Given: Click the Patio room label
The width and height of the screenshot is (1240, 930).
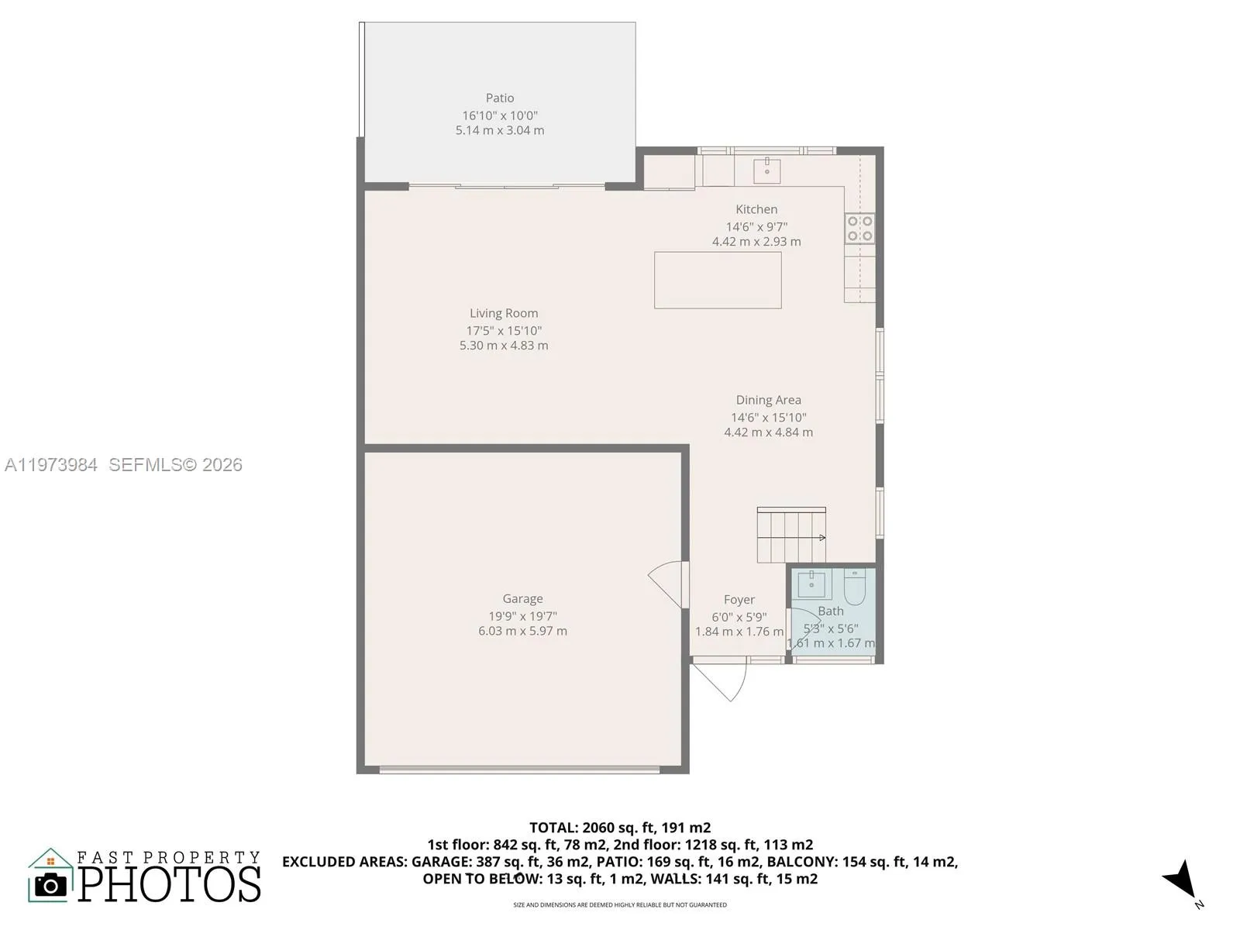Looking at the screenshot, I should [500, 98].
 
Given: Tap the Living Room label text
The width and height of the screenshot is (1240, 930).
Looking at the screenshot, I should [504, 313].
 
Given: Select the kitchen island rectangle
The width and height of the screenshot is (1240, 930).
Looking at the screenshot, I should [718, 280].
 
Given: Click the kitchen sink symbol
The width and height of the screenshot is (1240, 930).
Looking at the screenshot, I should [766, 170].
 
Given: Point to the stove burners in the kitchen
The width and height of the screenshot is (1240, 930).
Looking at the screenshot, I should [859, 229].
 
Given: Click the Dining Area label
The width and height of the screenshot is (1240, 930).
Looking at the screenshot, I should [768, 400].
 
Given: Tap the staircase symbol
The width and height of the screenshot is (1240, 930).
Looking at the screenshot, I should [791, 536].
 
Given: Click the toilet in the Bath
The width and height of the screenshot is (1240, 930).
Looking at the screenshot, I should [854, 588].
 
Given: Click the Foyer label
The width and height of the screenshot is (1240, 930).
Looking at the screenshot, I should [739, 600].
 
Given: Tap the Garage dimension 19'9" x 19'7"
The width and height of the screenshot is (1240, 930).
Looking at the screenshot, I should [522, 616].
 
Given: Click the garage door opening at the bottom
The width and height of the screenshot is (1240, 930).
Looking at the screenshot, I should [519, 770].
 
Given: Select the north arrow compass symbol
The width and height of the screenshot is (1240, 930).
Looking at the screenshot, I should [1181, 880].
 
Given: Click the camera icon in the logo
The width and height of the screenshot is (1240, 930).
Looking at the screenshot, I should [51, 885].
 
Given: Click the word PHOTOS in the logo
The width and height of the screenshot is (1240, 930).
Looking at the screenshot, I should [170, 885].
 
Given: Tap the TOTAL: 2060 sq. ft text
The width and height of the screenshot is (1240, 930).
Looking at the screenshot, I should [619, 828].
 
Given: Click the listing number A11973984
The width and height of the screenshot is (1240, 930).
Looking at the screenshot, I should [51, 465].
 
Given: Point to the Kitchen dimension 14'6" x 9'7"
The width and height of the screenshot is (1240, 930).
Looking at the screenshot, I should [756, 227].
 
